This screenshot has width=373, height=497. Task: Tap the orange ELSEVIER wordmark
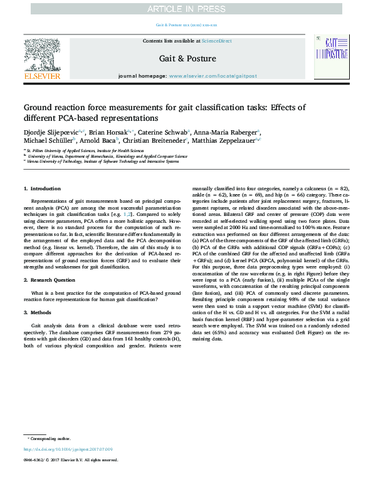coord(42,76)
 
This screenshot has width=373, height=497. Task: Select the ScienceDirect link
coord(216,41)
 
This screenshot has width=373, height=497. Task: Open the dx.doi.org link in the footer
coord(68,449)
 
